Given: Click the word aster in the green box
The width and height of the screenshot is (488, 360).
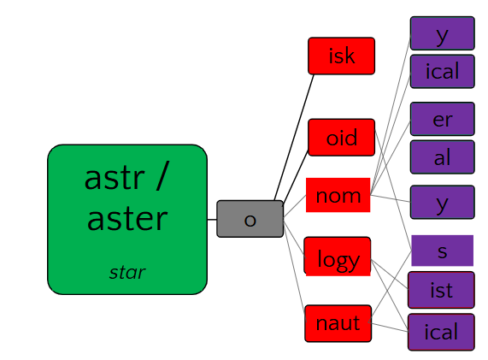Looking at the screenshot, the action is pyautogui.click(x=127, y=219).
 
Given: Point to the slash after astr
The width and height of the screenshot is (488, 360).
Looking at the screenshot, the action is pyautogui.click(x=162, y=175).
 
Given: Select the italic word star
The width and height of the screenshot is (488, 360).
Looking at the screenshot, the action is pyautogui.click(x=127, y=273).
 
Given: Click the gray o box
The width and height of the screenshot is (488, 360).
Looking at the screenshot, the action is pyautogui.click(x=250, y=219).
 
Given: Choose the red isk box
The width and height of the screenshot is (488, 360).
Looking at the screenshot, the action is pyautogui.click(x=341, y=56).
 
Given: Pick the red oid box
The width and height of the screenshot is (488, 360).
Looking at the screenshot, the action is pyautogui.click(x=341, y=138).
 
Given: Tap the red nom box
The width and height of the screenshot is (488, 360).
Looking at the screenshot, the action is pyautogui.click(x=338, y=195).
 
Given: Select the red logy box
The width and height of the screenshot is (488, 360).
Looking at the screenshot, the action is pyautogui.click(x=338, y=257).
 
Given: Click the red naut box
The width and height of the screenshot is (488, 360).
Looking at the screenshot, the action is pyautogui.click(x=338, y=323).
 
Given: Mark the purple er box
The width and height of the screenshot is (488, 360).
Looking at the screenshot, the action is pyautogui.click(x=442, y=119).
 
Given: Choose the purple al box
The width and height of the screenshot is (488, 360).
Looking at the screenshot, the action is pyautogui.click(x=442, y=157).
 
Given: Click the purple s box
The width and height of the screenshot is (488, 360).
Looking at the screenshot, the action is pyautogui.click(x=442, y=251).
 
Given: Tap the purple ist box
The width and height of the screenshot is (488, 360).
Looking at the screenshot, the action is pyautogui.click(x=441, y=290).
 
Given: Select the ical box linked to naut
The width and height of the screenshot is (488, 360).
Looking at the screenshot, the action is pyautogui.click(x=441, y=332).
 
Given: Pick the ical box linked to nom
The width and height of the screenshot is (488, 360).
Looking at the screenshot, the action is pyautogui.click(x=442, y=72).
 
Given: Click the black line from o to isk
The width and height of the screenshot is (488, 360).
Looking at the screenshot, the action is pyautogui.click(x=294, y=138).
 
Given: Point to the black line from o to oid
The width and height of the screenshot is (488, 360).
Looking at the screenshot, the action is pyautogui.click(x=296, y=178).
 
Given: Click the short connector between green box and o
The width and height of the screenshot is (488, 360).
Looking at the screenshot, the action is pyautogui.click(x=212, y=220).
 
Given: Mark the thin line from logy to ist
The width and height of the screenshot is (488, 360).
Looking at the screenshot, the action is pyautogui.click(x=390, y=274).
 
